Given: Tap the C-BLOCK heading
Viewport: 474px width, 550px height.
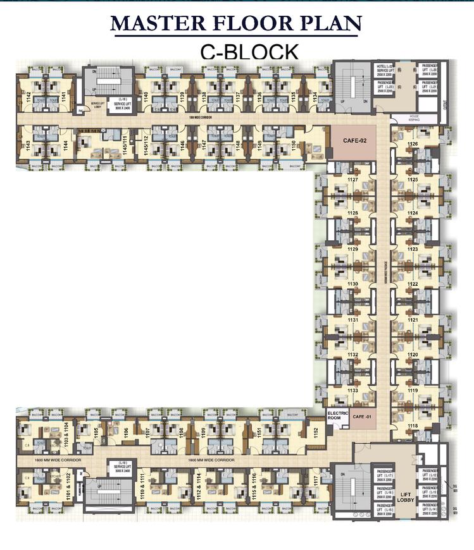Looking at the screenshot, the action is pyautogui.click(x=249, y=51).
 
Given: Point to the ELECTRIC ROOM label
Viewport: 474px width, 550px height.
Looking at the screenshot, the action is pyautogui.click(x=335, y=415).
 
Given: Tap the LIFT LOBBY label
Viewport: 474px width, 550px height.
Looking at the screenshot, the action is pyautogui.click(x=406, y=498).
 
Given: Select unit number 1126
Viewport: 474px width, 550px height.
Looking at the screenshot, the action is pyautogui.click(x=413, y=145).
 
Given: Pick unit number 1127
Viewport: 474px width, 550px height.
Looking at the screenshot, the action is pyautogui.click(x=352, y=180).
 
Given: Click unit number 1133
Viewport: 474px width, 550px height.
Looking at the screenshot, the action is pyautogui.click(x=352, y=391).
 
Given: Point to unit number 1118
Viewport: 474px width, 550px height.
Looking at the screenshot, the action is pyautogui.click(x=413, y=427).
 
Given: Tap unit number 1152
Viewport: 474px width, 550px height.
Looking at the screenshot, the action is pyautogui.click(x=315, y=432).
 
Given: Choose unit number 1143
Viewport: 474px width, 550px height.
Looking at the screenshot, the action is pyautogui.click(x=28, y=145).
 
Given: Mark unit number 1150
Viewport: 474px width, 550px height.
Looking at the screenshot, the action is pyautogui.click(x=293, y=145).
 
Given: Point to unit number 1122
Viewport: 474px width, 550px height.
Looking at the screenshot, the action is pyautogui.click(x=413, y=285).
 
